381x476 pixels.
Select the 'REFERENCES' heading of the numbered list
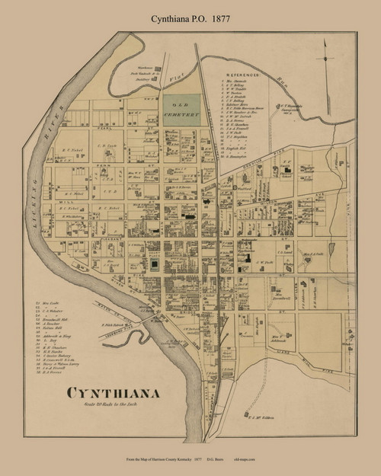[245, 76]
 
